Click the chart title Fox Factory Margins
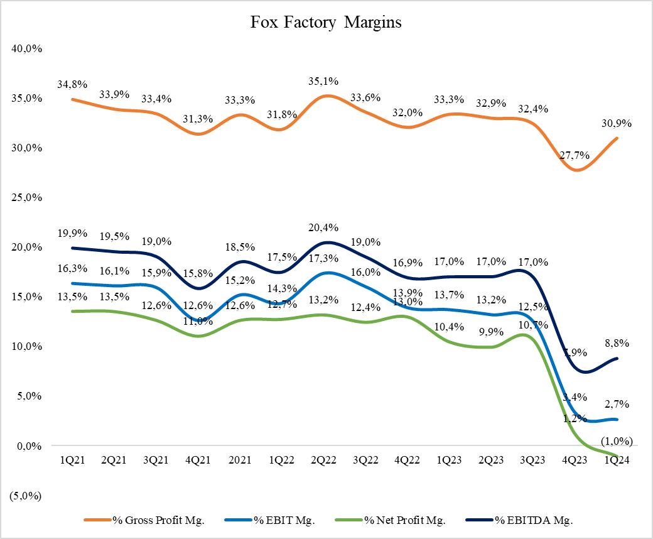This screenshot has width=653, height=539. point(326,23)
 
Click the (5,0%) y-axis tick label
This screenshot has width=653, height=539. point(26,496)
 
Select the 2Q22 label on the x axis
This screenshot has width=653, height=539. point(325,460)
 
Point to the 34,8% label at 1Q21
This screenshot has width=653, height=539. point(73,84)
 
